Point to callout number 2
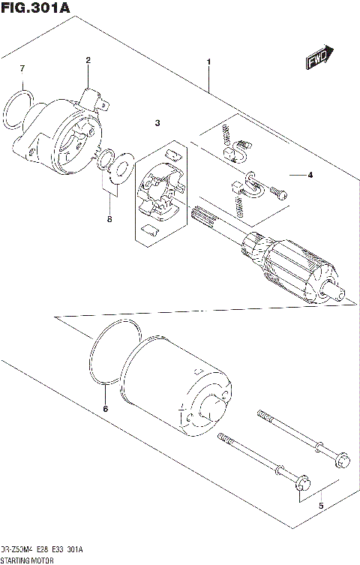(88, 60)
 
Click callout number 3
(158, 122)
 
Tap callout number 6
(105, 409)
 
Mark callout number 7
(22, 69)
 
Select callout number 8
(109, 219)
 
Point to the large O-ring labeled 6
(112, 352)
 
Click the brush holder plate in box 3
(159, 191)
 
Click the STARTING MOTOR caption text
(26, 560)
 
